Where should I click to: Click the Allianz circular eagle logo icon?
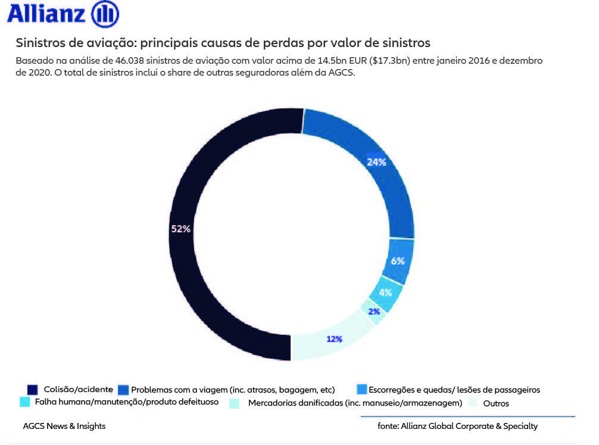coord(105,14)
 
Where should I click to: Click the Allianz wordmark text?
coord(46,14)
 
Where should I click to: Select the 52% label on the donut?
coord(180,229)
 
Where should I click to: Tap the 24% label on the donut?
coord(376,162)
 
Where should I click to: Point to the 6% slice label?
coord(398,261)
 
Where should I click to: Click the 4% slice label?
coord(385,292)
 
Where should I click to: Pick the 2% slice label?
coord(373,311)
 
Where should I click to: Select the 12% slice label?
coord(334,339)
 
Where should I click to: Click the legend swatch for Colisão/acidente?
coord(33,389)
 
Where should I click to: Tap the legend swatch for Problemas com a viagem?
coord(123,390)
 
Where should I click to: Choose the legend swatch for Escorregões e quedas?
coord(361,389)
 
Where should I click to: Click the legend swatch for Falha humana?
coord(25,402)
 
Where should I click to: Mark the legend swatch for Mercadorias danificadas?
coord(234,403)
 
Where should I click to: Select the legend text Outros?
coord(495,404)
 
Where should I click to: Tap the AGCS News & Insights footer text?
coord(64,426)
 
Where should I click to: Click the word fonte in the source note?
coord(388,426)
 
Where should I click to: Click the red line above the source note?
coord(467,416)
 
